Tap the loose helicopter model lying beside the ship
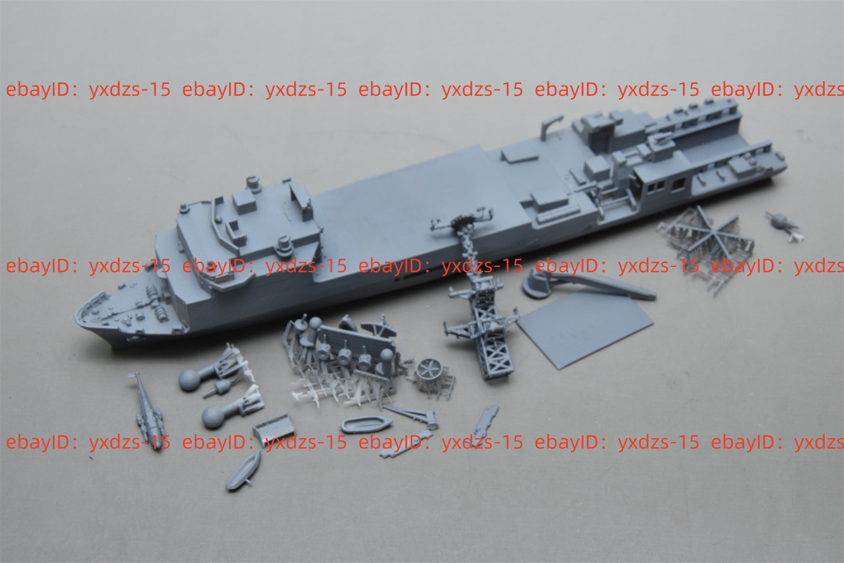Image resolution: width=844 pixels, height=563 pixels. (148, 410)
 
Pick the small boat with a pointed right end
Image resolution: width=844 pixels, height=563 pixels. (366, 424)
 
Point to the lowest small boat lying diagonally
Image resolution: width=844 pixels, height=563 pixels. (244, 470)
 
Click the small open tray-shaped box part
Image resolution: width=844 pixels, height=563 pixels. (274, 427)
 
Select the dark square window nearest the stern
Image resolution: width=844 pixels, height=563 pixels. (678, 184)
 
